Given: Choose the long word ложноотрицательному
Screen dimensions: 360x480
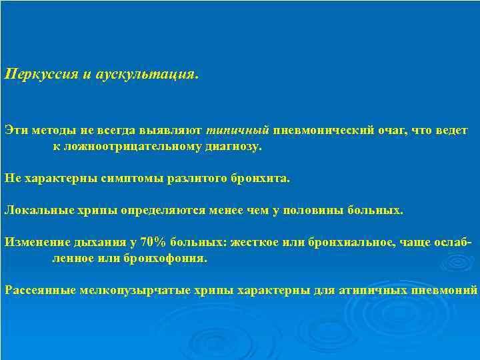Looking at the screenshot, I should (127, 145).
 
